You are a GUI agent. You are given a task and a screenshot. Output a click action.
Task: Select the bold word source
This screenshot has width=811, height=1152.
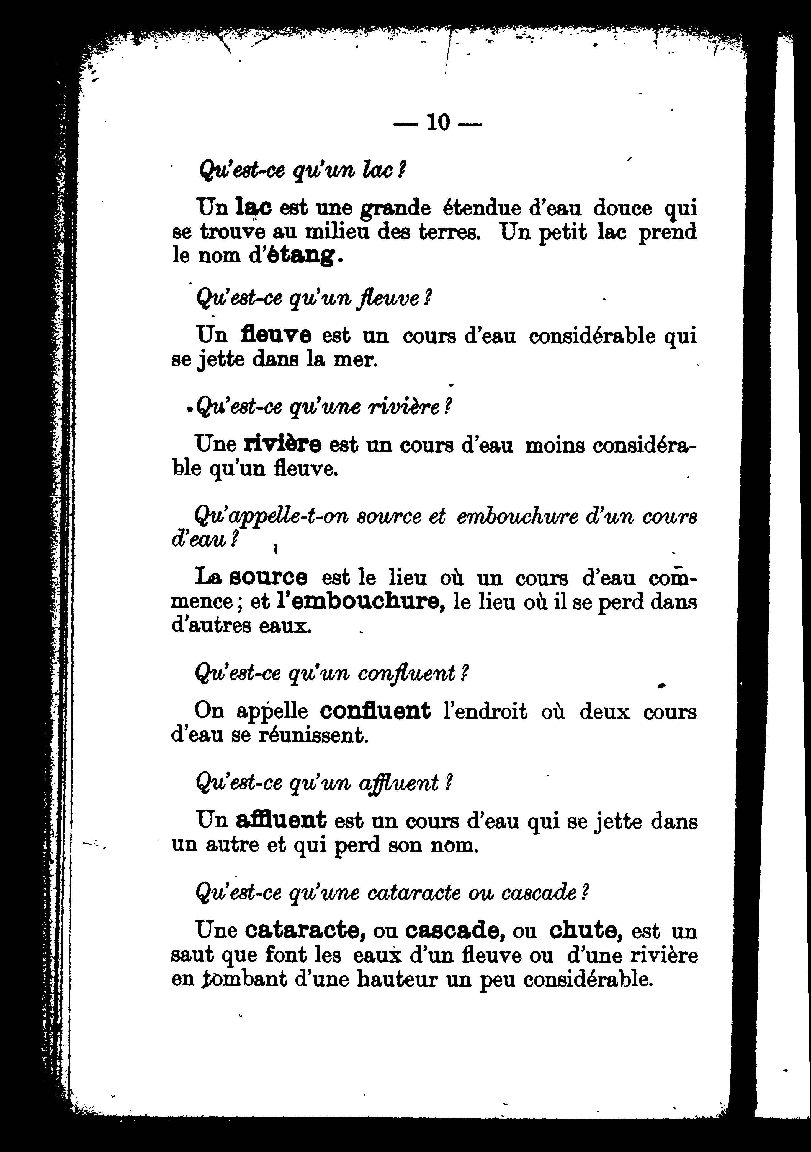268,578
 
